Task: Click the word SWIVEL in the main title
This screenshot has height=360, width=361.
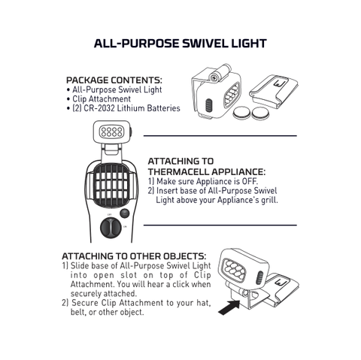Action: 205,44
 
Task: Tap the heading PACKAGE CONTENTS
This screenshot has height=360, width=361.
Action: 114,80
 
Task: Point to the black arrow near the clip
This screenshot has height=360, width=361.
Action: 229,307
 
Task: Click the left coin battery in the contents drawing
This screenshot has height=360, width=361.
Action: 241,113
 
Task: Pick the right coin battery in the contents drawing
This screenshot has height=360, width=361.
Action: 260,113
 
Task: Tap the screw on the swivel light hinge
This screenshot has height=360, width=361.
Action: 214,77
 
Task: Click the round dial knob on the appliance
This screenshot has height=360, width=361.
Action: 111,228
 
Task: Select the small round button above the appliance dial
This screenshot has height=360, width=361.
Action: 125,213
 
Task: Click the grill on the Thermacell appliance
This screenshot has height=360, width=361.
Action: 111,185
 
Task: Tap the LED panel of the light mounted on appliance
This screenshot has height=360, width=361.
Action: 111,132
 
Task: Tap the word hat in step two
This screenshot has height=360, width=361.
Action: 203,303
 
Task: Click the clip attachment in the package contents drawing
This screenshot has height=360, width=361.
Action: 274,91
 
